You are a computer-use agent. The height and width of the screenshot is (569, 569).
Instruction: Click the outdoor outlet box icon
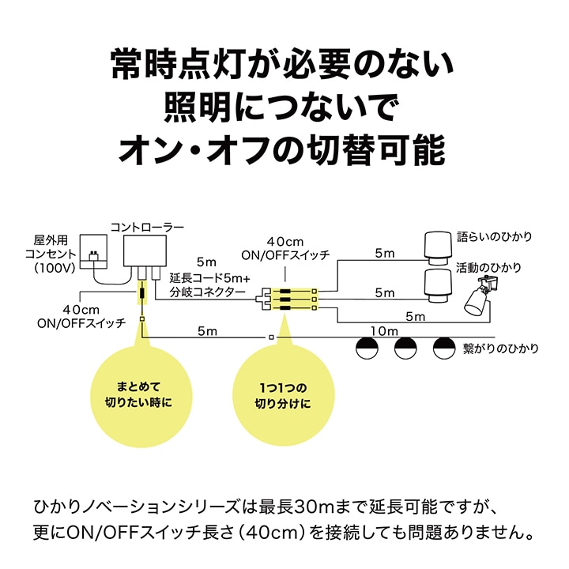tap(94, 251)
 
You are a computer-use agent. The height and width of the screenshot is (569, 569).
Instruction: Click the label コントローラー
tap(148, 228)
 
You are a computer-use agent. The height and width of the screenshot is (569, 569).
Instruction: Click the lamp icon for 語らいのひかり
tap(435, 245)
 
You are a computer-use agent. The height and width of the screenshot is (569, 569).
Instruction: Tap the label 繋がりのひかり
tap(503, 347)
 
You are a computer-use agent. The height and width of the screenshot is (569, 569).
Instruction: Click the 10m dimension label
tap(382, 331)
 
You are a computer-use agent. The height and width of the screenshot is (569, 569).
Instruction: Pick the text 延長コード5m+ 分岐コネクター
tap(211, 285)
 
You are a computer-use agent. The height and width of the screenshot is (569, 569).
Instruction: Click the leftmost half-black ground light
tap(366, 345)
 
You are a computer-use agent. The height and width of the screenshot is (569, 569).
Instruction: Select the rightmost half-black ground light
tap(444, 345)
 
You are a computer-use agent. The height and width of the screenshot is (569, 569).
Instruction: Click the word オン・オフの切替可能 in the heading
tap(284, 149)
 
